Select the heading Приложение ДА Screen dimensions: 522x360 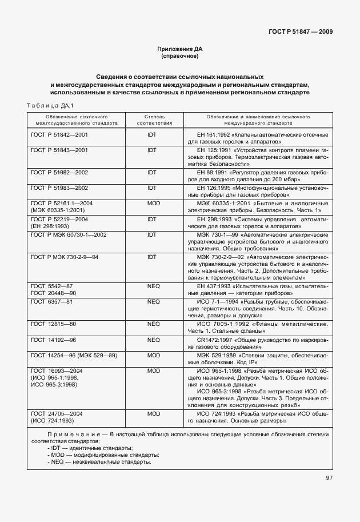(x=179, y=49)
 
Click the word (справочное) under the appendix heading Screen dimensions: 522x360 (x=179, y=57)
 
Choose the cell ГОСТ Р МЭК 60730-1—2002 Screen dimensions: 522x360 (x=68, y=234)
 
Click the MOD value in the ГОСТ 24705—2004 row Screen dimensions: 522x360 (x=152, y=413)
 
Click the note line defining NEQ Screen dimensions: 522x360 (x=100, y=461)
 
